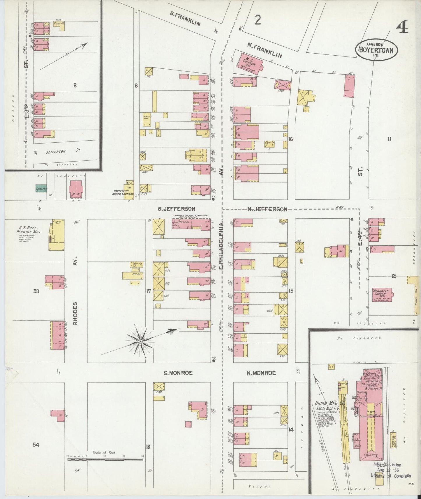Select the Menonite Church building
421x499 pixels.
tap(382, 294)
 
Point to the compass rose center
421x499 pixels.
tap(140, 341)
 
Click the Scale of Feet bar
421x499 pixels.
tap(105, 459)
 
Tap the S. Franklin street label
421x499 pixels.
tap(185, 20)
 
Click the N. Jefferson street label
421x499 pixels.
tap(267, 209)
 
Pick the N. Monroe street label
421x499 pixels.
tap(261, 373)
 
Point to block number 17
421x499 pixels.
tap(149, 291)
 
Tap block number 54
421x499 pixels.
tap(36, 445)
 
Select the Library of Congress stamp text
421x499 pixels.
tap(390, 476)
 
